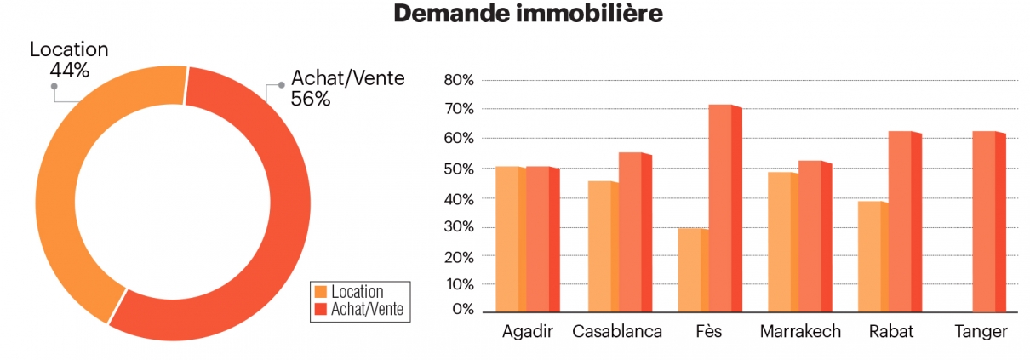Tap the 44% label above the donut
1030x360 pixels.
69,70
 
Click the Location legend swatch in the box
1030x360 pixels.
321,292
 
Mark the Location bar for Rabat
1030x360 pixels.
873,256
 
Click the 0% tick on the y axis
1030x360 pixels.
463,310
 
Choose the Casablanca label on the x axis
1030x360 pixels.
617,332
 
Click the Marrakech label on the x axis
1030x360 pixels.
800,332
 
